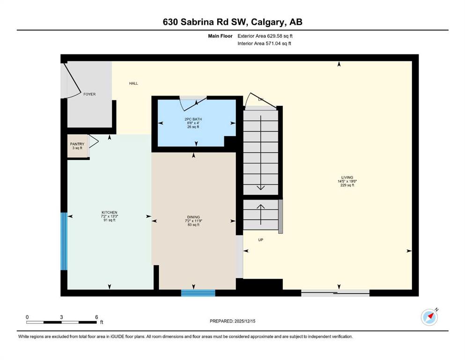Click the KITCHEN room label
tap(109, 212)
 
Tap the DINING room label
tap(193, 217)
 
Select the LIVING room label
tap(347, 178)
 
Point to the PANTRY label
tap(77, 144)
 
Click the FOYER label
tap(89, 94)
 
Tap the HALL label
tap(133, 83)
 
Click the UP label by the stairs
tap(260, 240)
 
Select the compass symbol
tap(429, 317)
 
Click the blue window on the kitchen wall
tap(64, 241)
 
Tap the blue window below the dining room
tap(198, 293)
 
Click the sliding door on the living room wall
tap(335, 293)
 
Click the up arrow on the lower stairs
tap(260, 209)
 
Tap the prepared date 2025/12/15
tap(233, 321)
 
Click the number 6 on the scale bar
tap(96, 317)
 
